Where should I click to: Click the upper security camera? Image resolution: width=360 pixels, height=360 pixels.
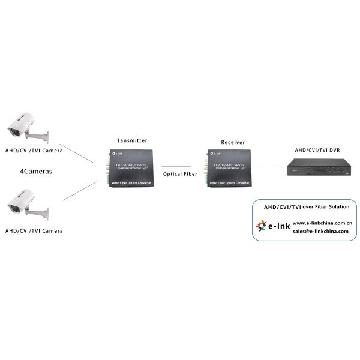(x=24, y=124)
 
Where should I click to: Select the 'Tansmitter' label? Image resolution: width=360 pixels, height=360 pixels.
(x=131, y=140)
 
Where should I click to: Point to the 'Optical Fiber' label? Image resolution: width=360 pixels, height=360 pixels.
(x=180, y=174)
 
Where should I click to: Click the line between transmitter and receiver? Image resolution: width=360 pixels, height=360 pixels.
(x=176, y=166)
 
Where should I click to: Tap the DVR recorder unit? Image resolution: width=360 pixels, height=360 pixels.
(x=318, y=167)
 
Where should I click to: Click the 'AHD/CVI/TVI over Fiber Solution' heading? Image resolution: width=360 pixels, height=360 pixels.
(x=307, y=207)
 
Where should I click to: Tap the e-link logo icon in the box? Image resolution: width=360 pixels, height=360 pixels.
(x=261, y=226)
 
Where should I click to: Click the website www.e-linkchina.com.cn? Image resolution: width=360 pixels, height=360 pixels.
(x=322, y=223)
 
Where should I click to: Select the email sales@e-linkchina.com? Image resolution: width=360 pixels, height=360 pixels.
(x=320, y=231)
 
